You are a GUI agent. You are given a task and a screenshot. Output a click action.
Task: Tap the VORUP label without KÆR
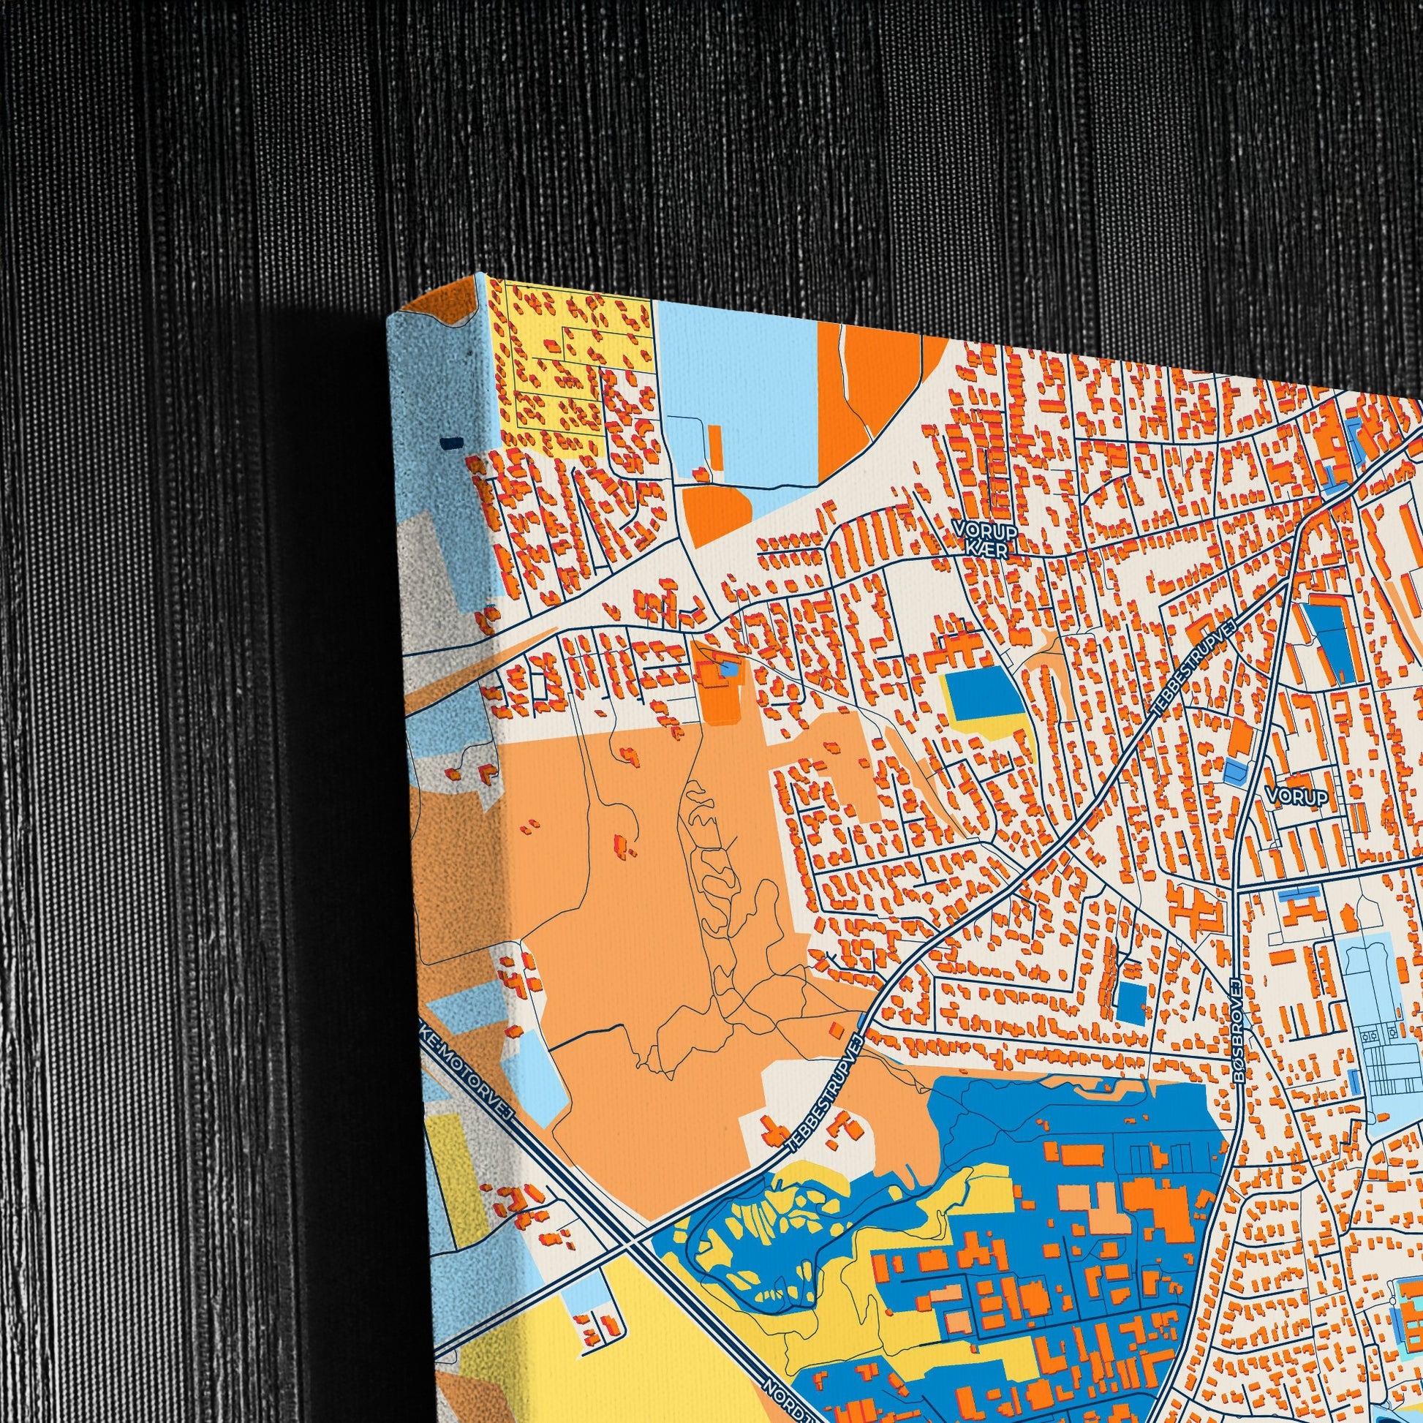1296,796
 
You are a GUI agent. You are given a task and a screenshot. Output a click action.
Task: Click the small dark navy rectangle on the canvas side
451,442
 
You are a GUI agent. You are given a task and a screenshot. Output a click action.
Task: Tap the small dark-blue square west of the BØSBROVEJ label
1132,1001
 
